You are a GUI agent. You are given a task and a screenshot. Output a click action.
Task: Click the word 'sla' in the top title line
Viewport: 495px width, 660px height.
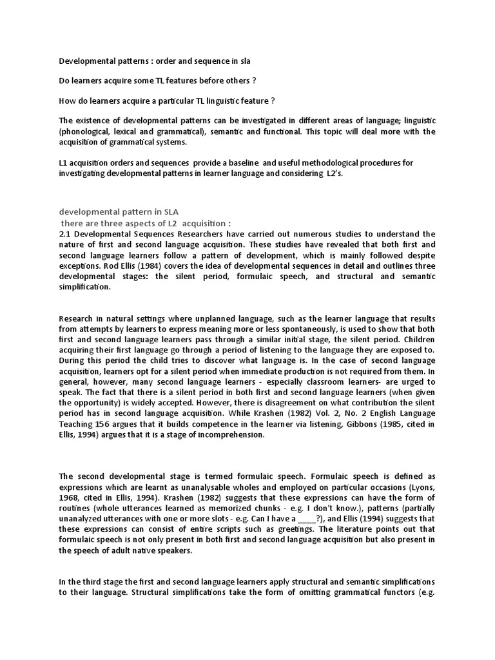click(244, 61)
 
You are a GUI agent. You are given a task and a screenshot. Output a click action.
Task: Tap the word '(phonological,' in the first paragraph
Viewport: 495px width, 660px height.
click(90, 131)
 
